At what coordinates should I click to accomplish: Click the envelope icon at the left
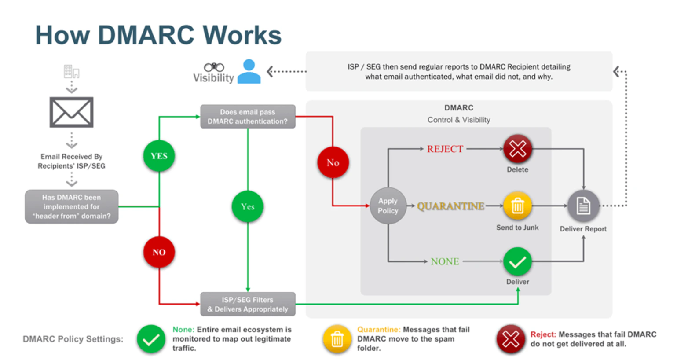point(71,112)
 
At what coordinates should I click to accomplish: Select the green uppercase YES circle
point(159,156)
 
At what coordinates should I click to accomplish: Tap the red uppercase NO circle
point(159,252)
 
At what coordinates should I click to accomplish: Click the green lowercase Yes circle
point(248,206)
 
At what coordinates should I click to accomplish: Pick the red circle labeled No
point(333,162)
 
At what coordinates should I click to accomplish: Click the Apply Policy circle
point(388,206)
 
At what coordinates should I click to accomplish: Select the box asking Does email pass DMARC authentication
point(248,117)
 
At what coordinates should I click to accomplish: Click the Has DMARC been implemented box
point(71,207)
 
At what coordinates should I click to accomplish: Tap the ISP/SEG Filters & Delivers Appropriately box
point(248,304)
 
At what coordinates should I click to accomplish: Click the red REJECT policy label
point(445,149)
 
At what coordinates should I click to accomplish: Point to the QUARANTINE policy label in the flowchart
point(450,206)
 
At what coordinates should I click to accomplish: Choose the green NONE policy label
point(445,261)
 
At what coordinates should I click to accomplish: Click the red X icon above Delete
point(517,149)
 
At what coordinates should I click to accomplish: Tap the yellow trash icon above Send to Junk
point(517,206)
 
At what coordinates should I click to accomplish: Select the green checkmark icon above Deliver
point(517,262)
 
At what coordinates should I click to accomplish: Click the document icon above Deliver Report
point(583,206)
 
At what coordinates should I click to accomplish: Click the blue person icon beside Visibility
point(249,72)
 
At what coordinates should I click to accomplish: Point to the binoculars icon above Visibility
point(214,67)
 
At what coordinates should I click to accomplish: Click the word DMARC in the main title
point(146,35)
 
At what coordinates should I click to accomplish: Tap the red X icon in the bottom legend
point(511,339)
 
